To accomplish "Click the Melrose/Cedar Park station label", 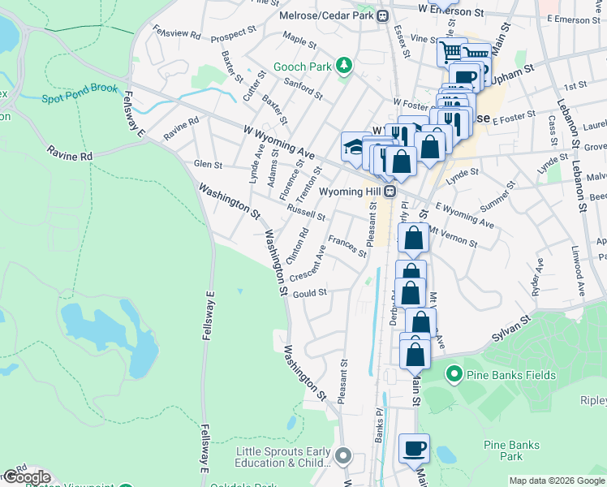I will tap(328, 15).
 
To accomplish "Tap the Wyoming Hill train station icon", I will tap(390, 192).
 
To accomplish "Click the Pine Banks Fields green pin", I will tap(454, 374).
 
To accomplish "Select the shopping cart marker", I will tap(451, 51).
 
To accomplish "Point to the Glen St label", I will tap(208, 164).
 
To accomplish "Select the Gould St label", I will tap(309, 293).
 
